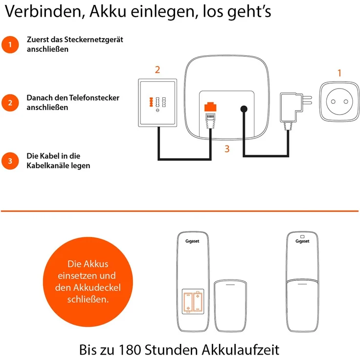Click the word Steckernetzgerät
[x=92, y=40]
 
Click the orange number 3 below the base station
[x=227, y=149]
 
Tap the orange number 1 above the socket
[x=339, y=73]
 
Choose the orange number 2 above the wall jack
[x=157, y=69]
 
